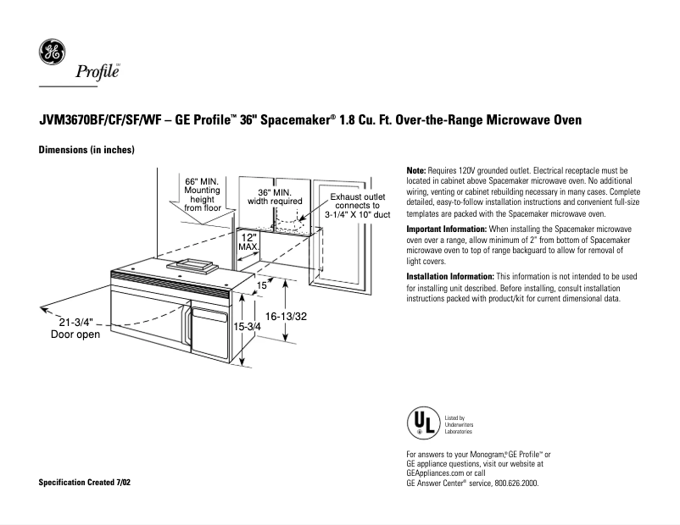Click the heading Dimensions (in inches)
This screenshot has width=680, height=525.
point(87,150)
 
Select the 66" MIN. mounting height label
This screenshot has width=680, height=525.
point(203,194)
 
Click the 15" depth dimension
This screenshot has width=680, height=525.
point(262,286)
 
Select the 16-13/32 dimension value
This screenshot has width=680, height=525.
point(286,316)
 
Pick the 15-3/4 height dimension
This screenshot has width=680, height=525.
point(247,326)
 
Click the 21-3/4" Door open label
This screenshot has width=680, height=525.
point(75,329)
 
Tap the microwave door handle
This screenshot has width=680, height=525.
point(184,324)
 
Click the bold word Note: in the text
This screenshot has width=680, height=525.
point(417,171)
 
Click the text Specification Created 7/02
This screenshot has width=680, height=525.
point(86,482)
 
